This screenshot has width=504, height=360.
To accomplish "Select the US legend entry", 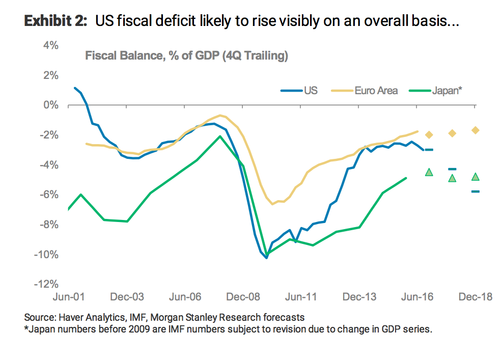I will (x=311, y=91).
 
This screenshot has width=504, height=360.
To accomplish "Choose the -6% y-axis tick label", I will (x=49, y=195).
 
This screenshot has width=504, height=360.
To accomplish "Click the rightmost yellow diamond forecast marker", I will (x=475, y=130).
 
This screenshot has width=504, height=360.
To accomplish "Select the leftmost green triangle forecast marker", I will (x=429, y=172).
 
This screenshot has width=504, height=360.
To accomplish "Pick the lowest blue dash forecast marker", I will (x=475, y=191).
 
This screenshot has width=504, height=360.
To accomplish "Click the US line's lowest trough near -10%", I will (x=266, y=257).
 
